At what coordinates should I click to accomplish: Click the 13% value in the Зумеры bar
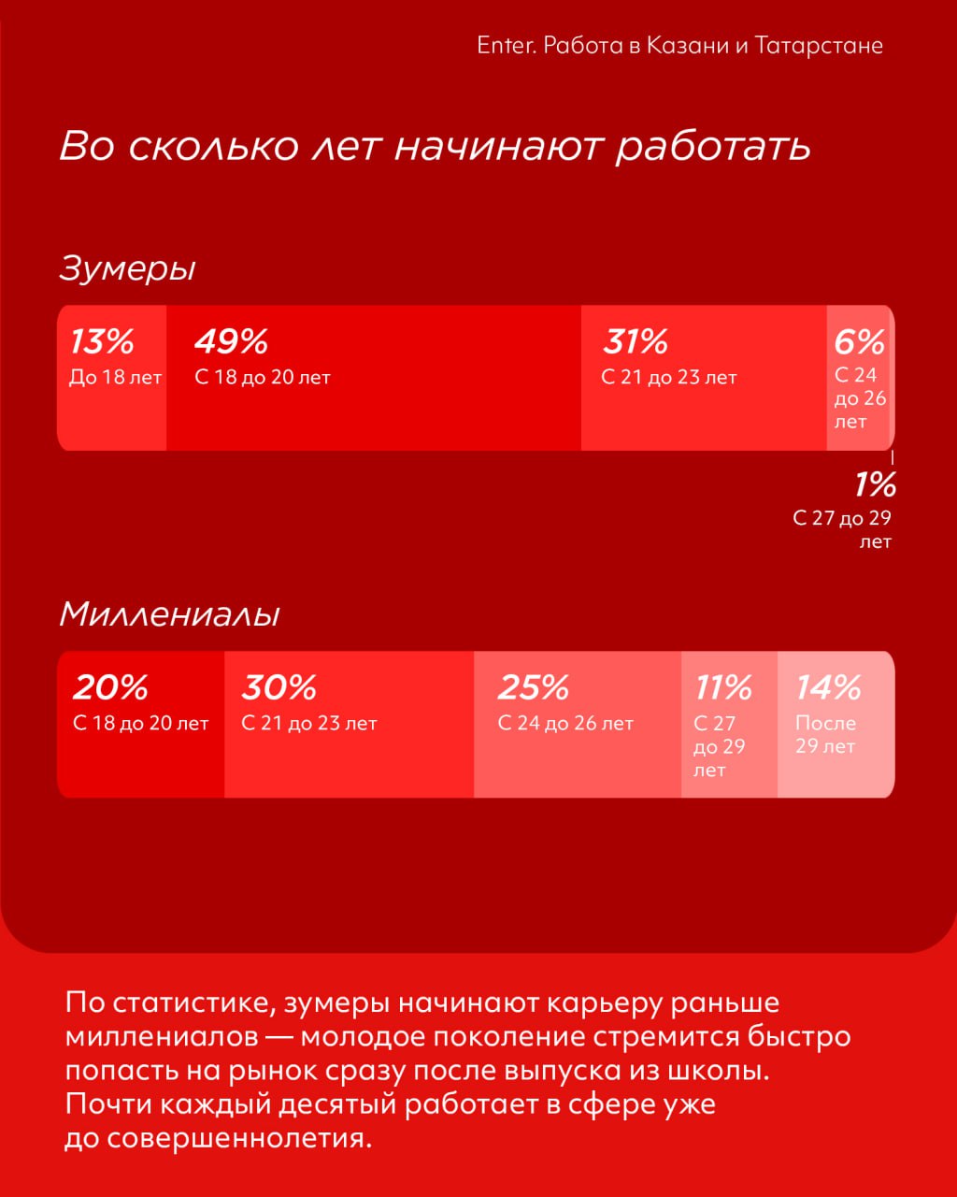coord(103,341)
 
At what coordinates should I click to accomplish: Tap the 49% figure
coord(231,341)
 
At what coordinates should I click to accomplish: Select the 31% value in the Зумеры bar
coord(636,341)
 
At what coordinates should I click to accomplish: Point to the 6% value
coord(859,341)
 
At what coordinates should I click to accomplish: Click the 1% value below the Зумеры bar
coord(876,484)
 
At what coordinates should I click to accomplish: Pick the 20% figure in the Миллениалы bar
coord(110,687)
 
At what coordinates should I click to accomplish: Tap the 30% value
coord(279,687)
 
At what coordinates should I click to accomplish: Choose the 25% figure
coord(533,687)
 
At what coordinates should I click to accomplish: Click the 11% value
coord(723,687)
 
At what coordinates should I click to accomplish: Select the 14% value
coord(828,687)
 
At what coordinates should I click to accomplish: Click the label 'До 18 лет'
coord(116,378)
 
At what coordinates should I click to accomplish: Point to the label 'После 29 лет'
coord(826,735)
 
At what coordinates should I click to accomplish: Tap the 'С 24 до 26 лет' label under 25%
coord(565,724)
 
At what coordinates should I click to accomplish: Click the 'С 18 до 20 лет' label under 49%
coord(263,378)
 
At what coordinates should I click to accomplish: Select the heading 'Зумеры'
coord(128,268)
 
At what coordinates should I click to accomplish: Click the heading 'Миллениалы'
coord(169,614)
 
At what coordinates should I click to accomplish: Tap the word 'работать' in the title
coord(713,147)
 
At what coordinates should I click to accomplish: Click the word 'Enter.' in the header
coord(506,46)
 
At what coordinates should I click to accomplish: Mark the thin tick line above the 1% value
coord(893,457)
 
